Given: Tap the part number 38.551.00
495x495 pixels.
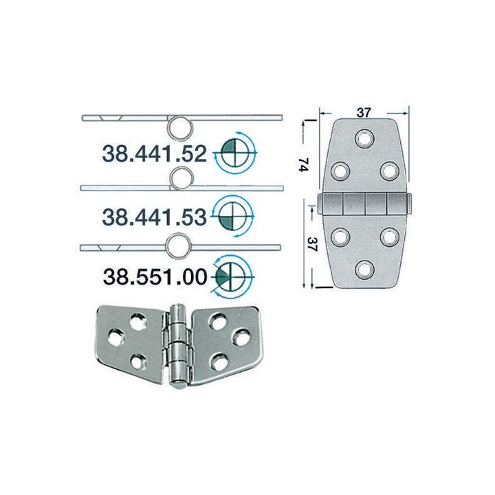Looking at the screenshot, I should click(x=154, y=276).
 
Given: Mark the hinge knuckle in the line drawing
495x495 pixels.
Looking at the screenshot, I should click(x=364, y=203).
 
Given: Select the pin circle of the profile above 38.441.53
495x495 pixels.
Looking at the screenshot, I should click(x=179, y=177).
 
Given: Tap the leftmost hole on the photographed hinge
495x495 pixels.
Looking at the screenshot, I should click(x=115, y=337).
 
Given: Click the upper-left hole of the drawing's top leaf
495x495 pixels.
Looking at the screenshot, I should click(x=340, y=170).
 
